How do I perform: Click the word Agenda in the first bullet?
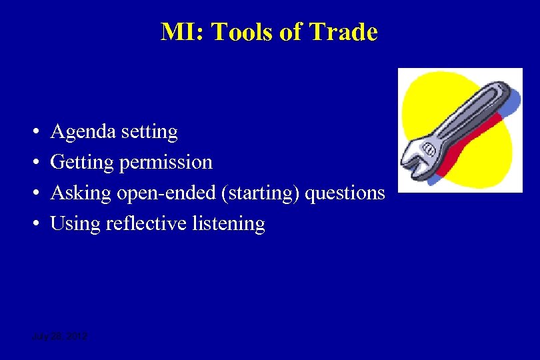(83, 132)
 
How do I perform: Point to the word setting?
(150, 132)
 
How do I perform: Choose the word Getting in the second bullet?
(82, 162)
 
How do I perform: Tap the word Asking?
(81, 193)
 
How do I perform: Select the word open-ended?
(160, 193)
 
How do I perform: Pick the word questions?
(345, 193)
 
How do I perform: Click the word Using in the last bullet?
(76, 223)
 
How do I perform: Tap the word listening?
(229, 223)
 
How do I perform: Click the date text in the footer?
(59, 337)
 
